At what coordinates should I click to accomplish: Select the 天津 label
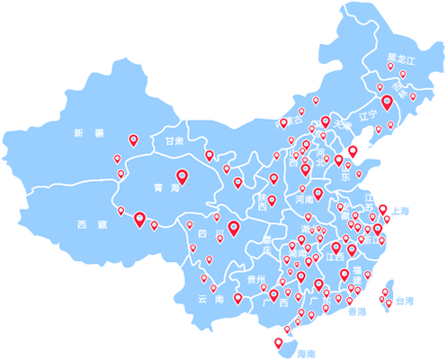pyautogui.click(x=339, y=126)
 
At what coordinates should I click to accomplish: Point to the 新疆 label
pyautogui.click(x=89, y=133)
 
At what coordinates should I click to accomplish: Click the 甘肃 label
pyautogui.click(x=173, y=142)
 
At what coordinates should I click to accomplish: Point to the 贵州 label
pyautogui.click(x=256, y=278)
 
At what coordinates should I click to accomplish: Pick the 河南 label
pyautogui.click(x=304, y=198)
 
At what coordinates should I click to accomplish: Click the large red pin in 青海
pyautogui.click(x=183, y=176)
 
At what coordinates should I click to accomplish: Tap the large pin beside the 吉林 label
pyautogui.click(x=388, y=102)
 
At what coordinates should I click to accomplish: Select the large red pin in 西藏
pyautogui.click(x=139, y=218)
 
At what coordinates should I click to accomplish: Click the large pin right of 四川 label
pyautogui.click(x=234, y=229)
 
